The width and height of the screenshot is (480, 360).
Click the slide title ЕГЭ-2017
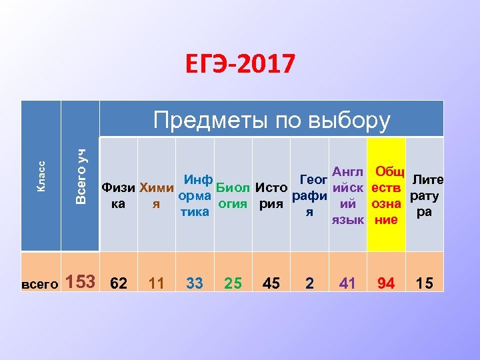[x=239, y=65]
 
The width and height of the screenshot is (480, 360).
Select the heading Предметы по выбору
[x=271, y=120]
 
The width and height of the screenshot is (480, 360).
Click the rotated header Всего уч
[x=80, y=176]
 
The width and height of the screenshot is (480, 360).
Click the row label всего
[x=41, y=283]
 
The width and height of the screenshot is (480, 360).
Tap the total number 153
[x=81, y=281]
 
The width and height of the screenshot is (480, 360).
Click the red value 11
[x=156, y=283]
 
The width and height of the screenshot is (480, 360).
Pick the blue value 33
[x=195, y=283]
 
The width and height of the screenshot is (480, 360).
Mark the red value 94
[x=386, y=283]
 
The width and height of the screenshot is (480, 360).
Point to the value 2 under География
[x=309, y=283]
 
